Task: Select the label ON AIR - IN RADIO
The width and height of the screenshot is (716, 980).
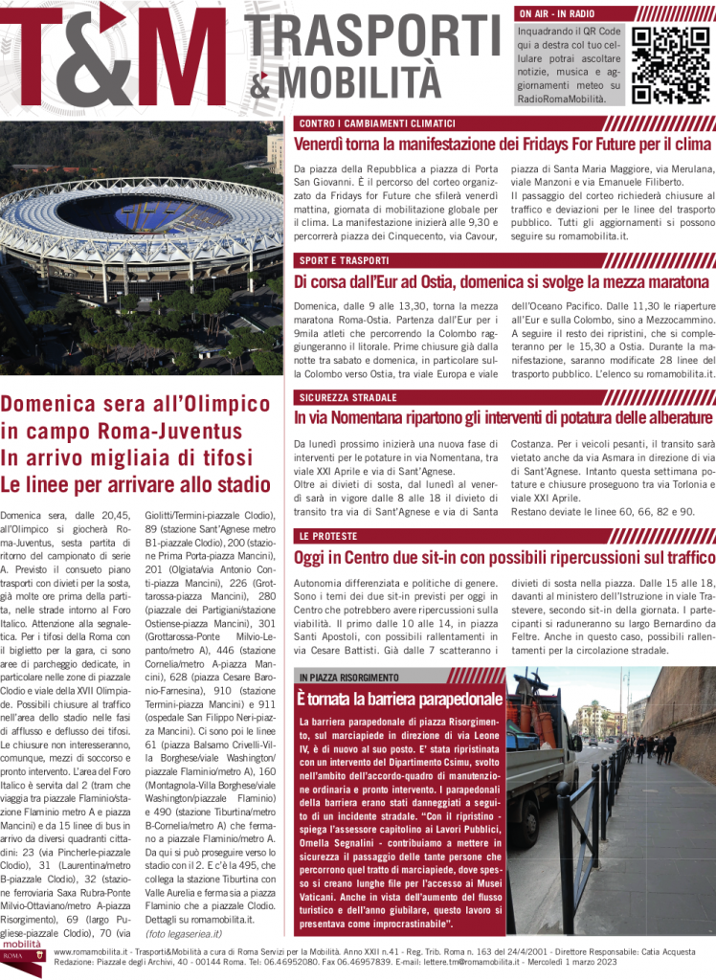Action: coord(556,14)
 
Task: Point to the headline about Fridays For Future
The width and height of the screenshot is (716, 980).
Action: coord(503,145)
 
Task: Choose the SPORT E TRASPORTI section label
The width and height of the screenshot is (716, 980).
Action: coord(344,260)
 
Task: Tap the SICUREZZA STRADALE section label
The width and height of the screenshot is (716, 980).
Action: coord(347,397)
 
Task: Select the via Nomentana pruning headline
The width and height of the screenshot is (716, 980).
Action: coord(503,418)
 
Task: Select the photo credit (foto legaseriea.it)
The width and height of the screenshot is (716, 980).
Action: coord(184,932)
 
